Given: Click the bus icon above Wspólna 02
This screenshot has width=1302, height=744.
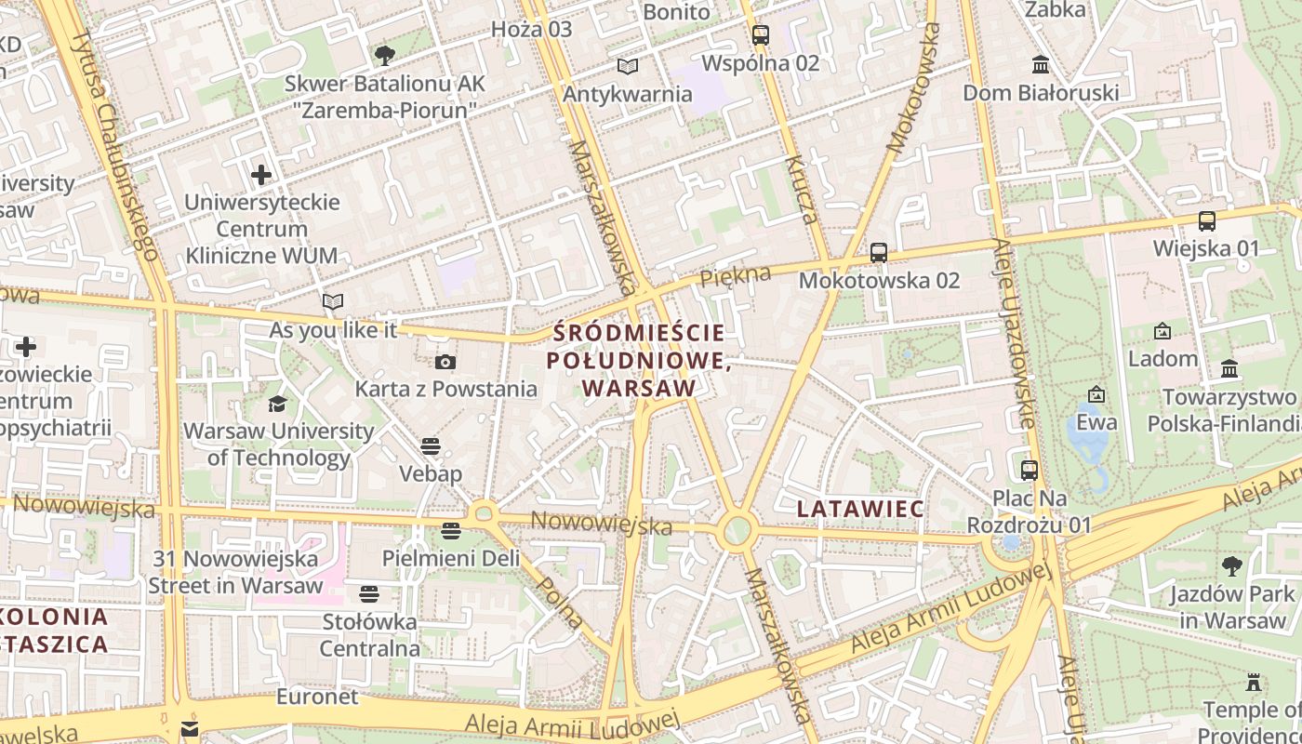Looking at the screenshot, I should click(760, 35).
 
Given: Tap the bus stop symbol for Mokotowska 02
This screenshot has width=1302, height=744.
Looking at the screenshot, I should click(878, 252).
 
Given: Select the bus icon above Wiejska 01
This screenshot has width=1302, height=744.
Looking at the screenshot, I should click(1206, 221).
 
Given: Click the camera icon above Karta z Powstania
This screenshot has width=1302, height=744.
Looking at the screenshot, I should click(445, 362).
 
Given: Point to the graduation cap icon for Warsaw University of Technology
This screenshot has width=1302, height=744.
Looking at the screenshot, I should click(277, 404).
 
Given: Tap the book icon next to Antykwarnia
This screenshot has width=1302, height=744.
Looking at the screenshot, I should click(628, 66).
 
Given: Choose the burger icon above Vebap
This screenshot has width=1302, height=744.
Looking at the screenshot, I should click(430, 446).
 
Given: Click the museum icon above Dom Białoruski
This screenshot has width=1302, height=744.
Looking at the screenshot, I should click(1040, 65).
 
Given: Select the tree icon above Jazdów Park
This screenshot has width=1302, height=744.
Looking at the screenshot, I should click(1232, 565).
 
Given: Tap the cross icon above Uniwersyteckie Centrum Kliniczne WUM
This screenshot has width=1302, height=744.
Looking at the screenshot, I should click(261, 174).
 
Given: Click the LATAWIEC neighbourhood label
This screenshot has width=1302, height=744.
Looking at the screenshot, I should click(860, 509).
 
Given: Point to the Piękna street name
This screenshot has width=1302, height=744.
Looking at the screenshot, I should click(736, 275).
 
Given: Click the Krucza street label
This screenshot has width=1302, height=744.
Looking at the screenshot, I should click(802, 191).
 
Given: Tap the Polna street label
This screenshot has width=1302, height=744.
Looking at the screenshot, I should click(562, 602).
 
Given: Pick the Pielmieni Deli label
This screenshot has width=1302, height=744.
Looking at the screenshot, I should click(451, 558).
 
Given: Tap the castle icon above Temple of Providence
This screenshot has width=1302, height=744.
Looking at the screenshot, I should click(1254, 683).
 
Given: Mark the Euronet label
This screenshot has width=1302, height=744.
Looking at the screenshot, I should click(317, 697).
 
